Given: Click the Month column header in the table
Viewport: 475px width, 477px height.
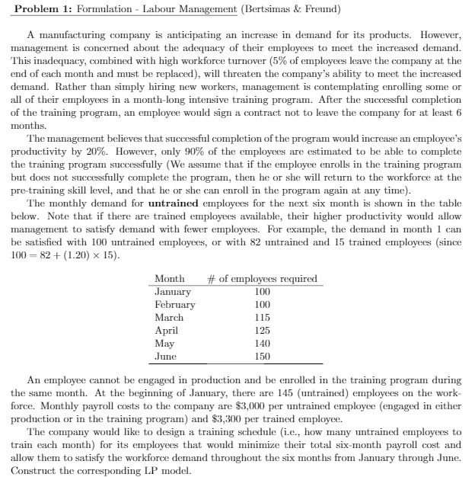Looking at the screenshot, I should tap(169, 279).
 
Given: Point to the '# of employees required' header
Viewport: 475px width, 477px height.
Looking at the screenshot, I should tap(263, 279).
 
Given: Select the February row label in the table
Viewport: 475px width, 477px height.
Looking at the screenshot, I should tap(175, 305).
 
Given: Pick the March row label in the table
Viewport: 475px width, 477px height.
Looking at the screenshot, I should tap(169, 318).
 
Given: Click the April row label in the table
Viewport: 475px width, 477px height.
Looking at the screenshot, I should tap(166, 331).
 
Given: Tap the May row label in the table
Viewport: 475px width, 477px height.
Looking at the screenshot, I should tap(164, 344).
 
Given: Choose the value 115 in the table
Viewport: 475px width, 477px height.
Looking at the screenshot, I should tap(262, 318).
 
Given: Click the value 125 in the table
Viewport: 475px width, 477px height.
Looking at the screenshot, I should tap(262, 331).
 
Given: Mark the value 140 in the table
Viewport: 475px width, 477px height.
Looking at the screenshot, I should tap(262, 344).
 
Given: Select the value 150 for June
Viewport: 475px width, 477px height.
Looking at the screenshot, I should tap(262, 357).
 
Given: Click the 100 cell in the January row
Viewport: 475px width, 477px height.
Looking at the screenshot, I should tap(262, 292).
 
